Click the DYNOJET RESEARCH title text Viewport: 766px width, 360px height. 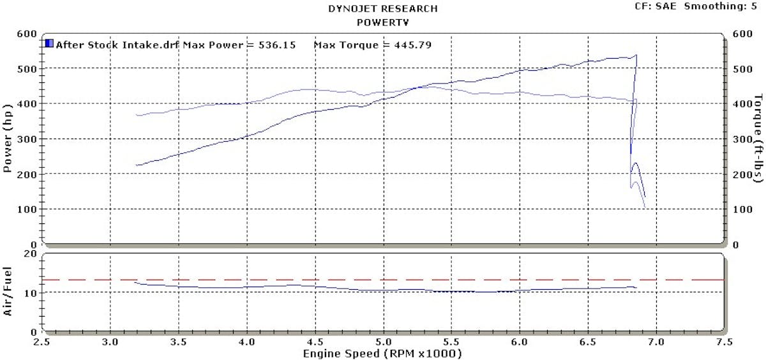tap(383, 9)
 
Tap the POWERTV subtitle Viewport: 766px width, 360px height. tap(383, 22)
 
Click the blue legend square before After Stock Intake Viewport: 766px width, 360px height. tap(49, 44)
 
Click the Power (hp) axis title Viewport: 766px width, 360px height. tap(9, 138)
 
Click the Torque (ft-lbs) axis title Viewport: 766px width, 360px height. tap(758, 138)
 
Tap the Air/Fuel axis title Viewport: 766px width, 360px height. tap(9, 292)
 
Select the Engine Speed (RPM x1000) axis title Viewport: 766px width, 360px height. tap(382, 354)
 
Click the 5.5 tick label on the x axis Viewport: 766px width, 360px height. tap(451, 341)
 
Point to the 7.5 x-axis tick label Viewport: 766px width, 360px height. tap(724, 341)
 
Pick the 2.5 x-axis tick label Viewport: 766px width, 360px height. tap(42, 341)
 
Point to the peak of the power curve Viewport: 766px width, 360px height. tap(636, 56)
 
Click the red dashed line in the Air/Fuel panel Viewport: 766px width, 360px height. tap(383, 280)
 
